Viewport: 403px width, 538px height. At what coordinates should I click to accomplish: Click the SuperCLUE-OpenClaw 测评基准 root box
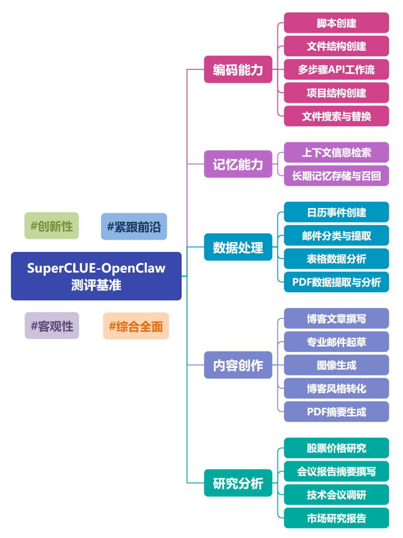(96, 276)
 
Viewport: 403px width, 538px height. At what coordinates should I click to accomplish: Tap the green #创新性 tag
(51, 226)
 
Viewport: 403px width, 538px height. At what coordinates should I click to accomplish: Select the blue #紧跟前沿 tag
(134, 227)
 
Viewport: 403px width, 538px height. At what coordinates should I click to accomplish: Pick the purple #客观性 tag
(52, 326)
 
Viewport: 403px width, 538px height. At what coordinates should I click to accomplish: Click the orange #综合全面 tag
(136, 326)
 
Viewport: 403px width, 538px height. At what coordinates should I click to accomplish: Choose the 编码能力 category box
(238, 70)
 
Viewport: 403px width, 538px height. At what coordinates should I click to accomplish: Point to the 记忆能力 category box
(238, 164)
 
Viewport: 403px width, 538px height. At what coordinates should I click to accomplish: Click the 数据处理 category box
(238, 247)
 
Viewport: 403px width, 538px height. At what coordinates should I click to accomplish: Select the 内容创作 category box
(238, 365)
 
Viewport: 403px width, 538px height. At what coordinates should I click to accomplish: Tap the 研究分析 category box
(238, 483)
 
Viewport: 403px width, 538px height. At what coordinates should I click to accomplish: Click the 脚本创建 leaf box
(336, 23)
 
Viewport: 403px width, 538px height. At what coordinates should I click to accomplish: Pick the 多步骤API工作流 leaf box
(336, 70)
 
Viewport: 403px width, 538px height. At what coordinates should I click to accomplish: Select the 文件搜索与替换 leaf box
(336, 116)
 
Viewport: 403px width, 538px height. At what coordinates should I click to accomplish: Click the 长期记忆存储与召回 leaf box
(336, 176)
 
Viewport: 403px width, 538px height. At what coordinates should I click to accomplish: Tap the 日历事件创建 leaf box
(336, 212)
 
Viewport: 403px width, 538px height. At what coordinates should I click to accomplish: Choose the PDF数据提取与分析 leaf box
(336, 282)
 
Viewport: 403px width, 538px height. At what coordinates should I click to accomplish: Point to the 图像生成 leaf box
(336, 365)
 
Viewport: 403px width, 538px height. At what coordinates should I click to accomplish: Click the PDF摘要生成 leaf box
(336, 412)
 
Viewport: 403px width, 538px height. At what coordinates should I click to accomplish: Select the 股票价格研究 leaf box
(336, 448)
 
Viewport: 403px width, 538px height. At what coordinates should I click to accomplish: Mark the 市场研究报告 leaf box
(336, 518)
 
